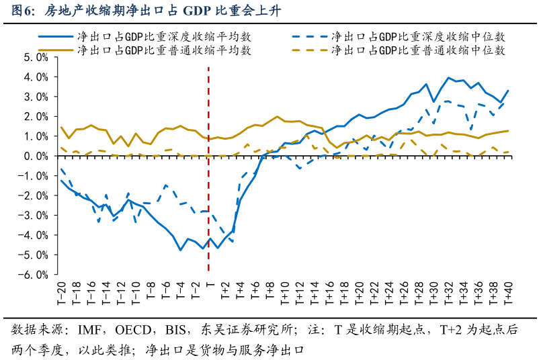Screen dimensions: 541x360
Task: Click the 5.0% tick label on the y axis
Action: pyautogui.click(x=36, y=57)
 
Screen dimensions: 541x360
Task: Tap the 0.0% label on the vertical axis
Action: pyautogui.click(x=36, y=156)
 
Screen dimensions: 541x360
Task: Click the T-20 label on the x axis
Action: pyautogui.click(x=61, y=293)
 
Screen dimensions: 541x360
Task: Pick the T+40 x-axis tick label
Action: pyautogui.click(x=509, y=293)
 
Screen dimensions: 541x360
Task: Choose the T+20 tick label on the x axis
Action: pyautogui.click(x=360, y=293)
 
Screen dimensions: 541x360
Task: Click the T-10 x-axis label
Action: pyautogui.click(x=136, y=293)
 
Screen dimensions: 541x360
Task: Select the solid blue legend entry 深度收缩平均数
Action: pyautogui.click(x=144, y=36)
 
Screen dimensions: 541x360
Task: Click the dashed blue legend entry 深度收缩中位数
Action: pyautogui.click(x=399, y=36)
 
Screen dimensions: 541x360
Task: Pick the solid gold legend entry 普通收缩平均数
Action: pyautogui.click(x=144, y=50)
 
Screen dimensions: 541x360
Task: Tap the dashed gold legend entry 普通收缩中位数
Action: pyautogui.click(x=399, y=50)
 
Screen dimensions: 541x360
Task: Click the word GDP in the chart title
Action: pyautogui.click(x=197, y=11)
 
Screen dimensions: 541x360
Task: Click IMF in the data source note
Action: pyautogui.click(x=89, y=330)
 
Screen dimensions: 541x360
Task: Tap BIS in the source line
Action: pyautogui.click(x=175, y=330)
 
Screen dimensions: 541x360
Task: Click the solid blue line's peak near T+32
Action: pyautogui.click(x=448, y=78)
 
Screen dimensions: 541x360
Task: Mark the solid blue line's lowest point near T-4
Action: pyautogui.click(x=181, y=250)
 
